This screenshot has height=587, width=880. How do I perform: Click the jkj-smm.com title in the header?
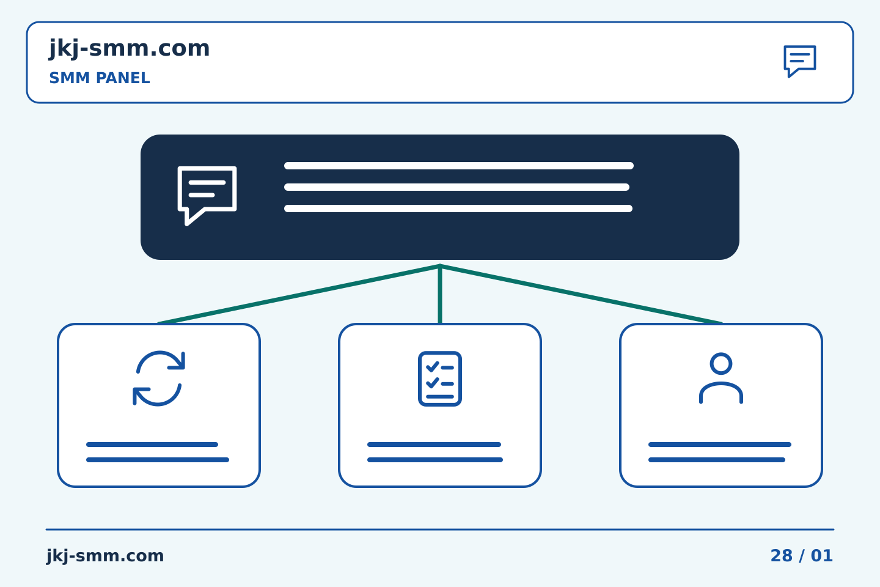point(130,49)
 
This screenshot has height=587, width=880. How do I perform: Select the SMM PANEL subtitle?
point(100,78)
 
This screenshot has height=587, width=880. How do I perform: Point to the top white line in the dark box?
point(459,166)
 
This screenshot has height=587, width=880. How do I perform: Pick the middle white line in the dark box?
point(457,187)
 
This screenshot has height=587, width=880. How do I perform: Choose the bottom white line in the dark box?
point(458,209)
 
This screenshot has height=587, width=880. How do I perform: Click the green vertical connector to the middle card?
point(440,294)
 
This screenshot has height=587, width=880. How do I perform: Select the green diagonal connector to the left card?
point(299,295)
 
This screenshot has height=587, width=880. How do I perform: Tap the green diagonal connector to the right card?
point(581,295)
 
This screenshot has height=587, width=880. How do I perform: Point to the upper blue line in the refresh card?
point(152,445)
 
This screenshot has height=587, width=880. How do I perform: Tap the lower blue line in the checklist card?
point(435,460)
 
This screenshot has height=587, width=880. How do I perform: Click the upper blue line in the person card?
point(720,445)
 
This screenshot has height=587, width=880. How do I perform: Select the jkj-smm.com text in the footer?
point(105,556)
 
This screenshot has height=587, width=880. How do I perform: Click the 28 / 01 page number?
point(801,556)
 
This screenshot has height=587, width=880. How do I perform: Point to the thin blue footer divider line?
point(440,530)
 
